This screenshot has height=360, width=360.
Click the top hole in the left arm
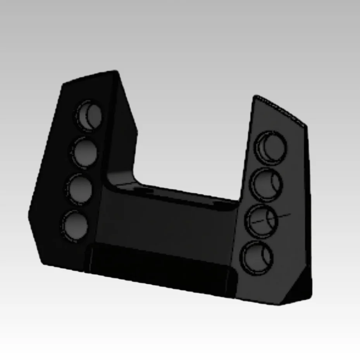[89, 115]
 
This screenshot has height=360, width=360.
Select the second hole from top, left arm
[84, 152]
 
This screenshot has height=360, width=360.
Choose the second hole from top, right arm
[266, 184]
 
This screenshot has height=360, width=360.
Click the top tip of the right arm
[256, 96]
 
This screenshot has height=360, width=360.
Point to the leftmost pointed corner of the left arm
[29, 213]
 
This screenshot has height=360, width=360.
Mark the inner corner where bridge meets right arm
[237, 203]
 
